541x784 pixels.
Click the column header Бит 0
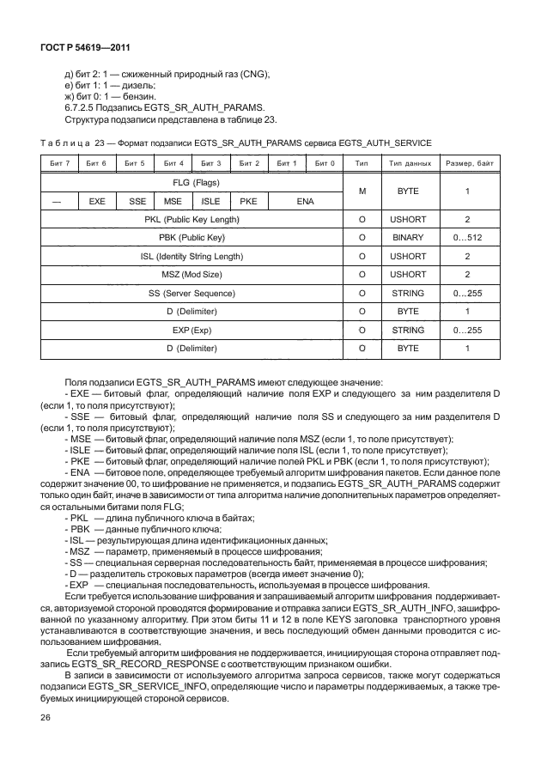pyautogui.click(x=324, y=162)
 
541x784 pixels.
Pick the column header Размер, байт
pyautogui.click(x=468, y=162)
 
